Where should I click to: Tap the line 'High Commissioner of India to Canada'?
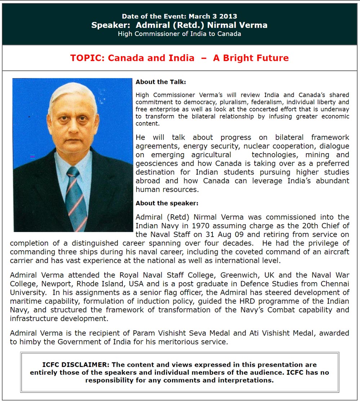pyautogui.click(x=179, y=34)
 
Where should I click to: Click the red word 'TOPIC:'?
pyautogui.click(x=87, y=58)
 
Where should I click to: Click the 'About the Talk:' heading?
pyautogui.click(x=161, y=82)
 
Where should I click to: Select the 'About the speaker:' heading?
pyautogui.click(x=167, y=204)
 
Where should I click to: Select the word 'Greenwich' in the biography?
pyautogui.click(x=239, y=275)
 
